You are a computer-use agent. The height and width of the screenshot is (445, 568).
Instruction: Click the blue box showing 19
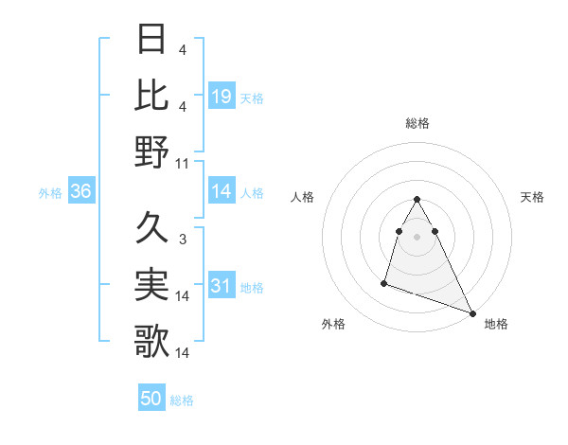(222, 97)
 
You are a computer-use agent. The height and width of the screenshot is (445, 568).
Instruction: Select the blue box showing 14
(222, 192)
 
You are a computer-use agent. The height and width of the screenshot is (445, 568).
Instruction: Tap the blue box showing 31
(222, 287)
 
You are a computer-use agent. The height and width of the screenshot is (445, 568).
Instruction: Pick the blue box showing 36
(81, 192)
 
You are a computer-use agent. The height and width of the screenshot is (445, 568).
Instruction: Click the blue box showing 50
(151, 400)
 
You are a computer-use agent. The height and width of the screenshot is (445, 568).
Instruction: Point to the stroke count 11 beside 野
(183, 163)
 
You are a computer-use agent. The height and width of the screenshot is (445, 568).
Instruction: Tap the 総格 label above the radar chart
(417, 123)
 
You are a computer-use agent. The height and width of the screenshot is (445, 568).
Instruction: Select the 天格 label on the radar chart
(533, 197)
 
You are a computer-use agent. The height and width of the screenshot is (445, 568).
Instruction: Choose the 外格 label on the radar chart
(333, 324)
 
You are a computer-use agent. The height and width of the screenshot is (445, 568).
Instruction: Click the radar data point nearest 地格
(473, 313)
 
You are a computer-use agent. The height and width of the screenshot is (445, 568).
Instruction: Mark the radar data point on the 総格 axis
(417, 200)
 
